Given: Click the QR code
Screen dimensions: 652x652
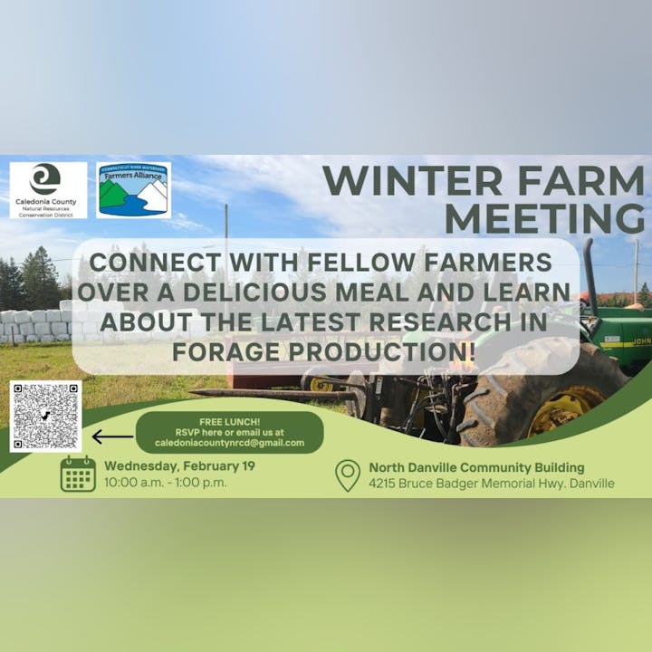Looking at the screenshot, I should coord(45,416).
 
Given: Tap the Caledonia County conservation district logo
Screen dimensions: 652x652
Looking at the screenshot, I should coord(48,189).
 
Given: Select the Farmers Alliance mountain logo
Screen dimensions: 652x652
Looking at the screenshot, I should coord(134,189).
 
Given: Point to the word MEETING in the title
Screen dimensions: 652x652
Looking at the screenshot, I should coord(543,218).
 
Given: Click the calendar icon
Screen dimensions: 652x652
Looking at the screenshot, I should coord(78,474).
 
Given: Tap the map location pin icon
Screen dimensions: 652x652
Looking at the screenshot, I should coord(347,475).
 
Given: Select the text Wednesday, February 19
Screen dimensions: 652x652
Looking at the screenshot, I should coord(179,466).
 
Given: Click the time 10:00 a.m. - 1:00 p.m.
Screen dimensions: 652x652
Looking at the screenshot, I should coord(165,483).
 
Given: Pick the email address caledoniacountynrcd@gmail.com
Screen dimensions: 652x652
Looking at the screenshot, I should coord(230,443).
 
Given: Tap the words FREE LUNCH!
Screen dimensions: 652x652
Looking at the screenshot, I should coord(229,421).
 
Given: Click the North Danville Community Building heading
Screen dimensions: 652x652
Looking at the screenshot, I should coord(476,467).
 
